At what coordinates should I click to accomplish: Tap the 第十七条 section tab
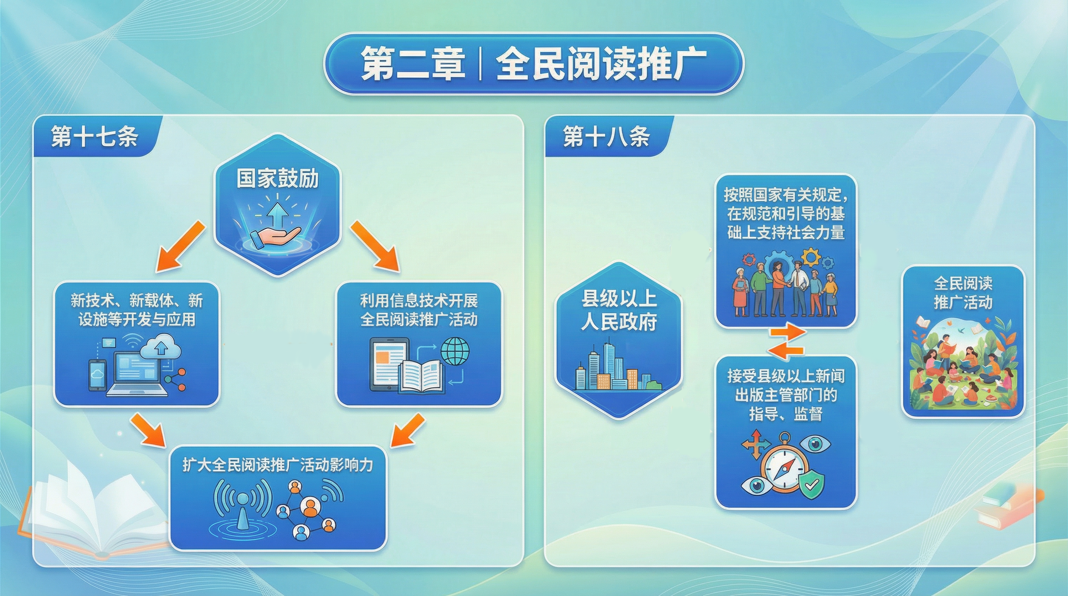pyautogui.click(x=95, y=136)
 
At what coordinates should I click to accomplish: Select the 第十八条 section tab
pyautogui.click(x=606, y=136)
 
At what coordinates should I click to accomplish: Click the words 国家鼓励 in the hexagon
pyautogui.click(x=277, y=179)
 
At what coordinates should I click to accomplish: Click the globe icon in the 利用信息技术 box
pyautogui.click(x=455, y=350)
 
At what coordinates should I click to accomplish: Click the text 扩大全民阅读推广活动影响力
pyautogui.click(x=278, y=465)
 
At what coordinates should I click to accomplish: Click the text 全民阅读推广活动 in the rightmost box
pyautogui.click(x=963, y=293)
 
